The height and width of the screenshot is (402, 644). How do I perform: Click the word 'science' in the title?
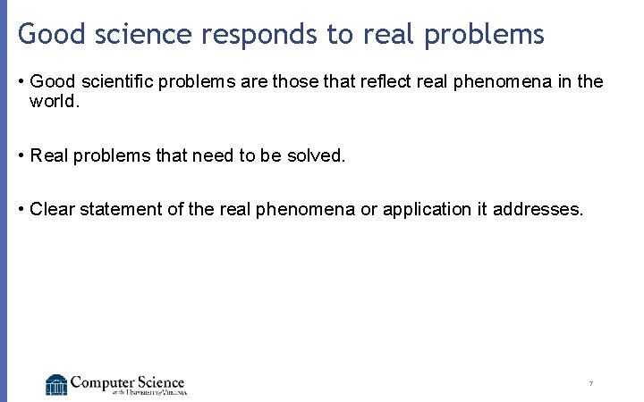(x=153, y=34)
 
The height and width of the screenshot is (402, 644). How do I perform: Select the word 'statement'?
(x=117, y=209)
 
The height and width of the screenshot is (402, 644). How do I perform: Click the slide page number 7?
(x=590, y=384)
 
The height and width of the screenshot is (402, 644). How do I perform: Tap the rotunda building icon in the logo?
(x=56, y=384)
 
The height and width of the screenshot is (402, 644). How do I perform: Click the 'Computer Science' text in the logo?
(x=127, y=381)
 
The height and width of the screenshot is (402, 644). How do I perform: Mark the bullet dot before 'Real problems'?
(x=21, y=156)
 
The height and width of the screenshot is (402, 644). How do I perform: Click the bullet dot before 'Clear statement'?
(x=21, y=210)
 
